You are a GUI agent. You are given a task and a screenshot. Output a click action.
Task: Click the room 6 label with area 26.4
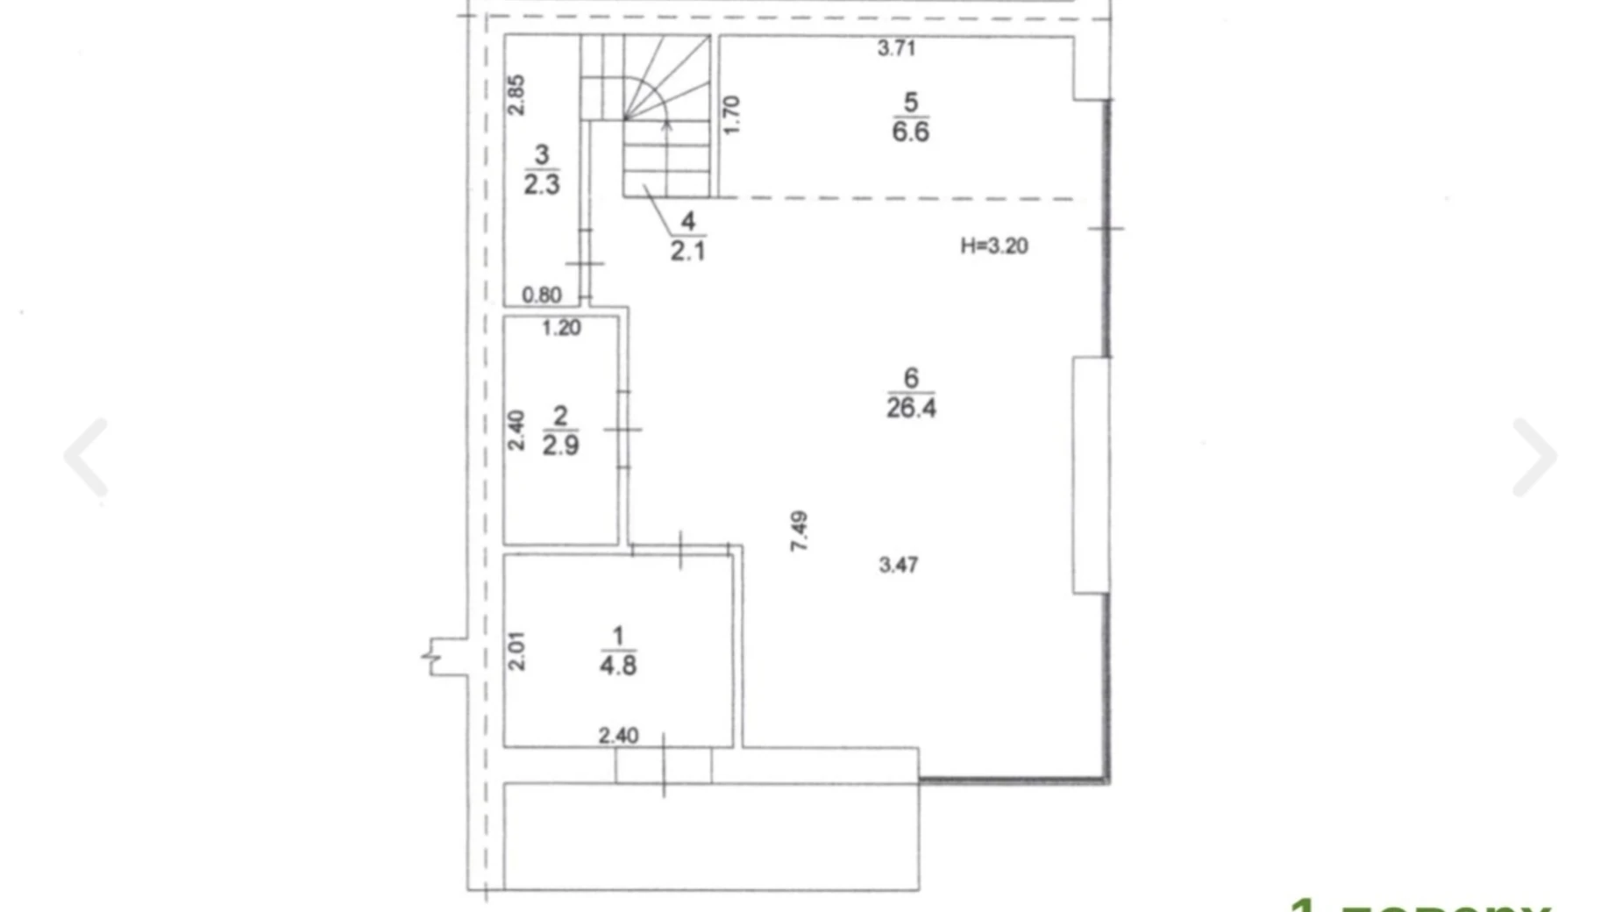911,393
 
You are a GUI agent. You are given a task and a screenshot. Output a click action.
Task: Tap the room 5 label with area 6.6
911,117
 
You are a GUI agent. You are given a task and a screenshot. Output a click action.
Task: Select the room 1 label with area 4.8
618,651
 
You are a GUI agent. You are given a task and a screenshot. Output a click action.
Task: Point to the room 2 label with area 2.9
560,431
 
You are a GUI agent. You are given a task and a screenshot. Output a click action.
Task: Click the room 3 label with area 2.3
542,170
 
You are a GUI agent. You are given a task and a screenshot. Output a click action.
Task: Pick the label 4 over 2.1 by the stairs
687,236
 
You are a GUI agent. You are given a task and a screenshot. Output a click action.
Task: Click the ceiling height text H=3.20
993,246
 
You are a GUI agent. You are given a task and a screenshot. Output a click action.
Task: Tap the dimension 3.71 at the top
896,48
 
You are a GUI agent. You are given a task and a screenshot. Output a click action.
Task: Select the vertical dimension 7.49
799,531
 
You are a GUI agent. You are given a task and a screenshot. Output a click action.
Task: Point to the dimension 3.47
899,565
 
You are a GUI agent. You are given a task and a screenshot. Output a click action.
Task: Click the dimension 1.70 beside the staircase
731,115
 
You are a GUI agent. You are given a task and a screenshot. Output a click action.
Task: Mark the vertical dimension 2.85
516,95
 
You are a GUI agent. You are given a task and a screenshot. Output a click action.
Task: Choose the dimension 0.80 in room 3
541,295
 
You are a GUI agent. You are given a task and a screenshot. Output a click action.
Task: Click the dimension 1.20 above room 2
561,328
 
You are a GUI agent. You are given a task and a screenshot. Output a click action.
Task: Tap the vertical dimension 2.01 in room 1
516,651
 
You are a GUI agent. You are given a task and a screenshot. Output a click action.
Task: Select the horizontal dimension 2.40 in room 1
618,735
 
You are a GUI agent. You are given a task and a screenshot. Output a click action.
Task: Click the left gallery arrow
86,457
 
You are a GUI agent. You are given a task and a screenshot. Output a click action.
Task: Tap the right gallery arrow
1534,457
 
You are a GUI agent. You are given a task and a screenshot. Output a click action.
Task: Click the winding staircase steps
666,114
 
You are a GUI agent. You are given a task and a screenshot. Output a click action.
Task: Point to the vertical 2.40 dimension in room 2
516,431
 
